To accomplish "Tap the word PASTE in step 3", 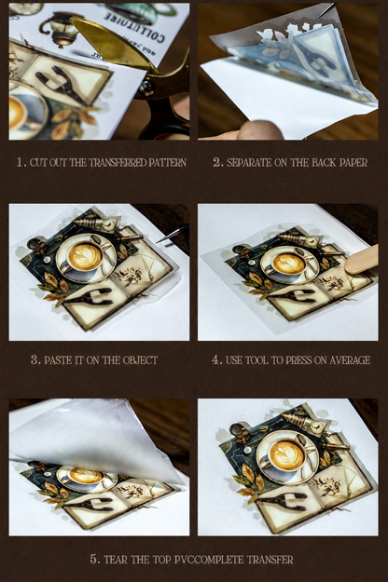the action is tap(57, 360).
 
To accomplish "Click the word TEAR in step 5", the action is tap(117, 560).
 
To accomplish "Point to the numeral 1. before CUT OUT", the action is tap(21, 162).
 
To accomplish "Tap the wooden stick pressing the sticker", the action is tap(361, 260).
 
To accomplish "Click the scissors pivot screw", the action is tap(146, 88).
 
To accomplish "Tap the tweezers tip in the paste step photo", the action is tap(159, 241).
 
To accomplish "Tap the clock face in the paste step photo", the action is tap(109, 225).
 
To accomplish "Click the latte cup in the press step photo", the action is tap(288, 265).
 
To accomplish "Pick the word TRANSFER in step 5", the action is tap(270, 560).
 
